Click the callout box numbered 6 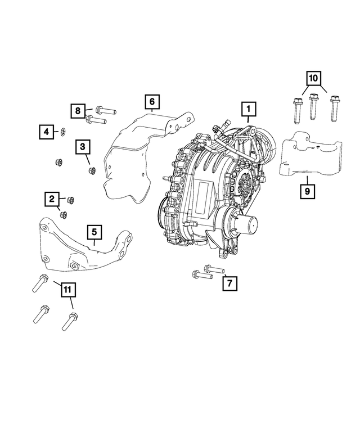pyautogui.click(x=151, y=102)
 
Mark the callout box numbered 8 pyautogui.click(x=79, y=111)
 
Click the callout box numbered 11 pyautogui.click(x=67, y=290)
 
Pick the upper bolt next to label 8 pyautogui.click(x=105, y=108)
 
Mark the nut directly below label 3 pyautogui.click(x=92, y=170)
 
